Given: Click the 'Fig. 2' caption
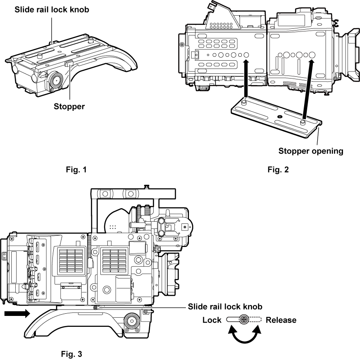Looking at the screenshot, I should (278, 170).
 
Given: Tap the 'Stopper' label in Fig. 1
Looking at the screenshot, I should (69, 106).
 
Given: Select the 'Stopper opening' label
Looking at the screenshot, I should (311, 151).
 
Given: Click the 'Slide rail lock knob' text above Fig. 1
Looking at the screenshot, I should (51, 9).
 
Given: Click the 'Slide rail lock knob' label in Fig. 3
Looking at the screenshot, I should (225, 307).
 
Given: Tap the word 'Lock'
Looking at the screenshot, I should (212, 320).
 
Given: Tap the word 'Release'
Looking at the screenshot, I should (281, 320).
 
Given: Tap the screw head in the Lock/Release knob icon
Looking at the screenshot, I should (244, 319).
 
